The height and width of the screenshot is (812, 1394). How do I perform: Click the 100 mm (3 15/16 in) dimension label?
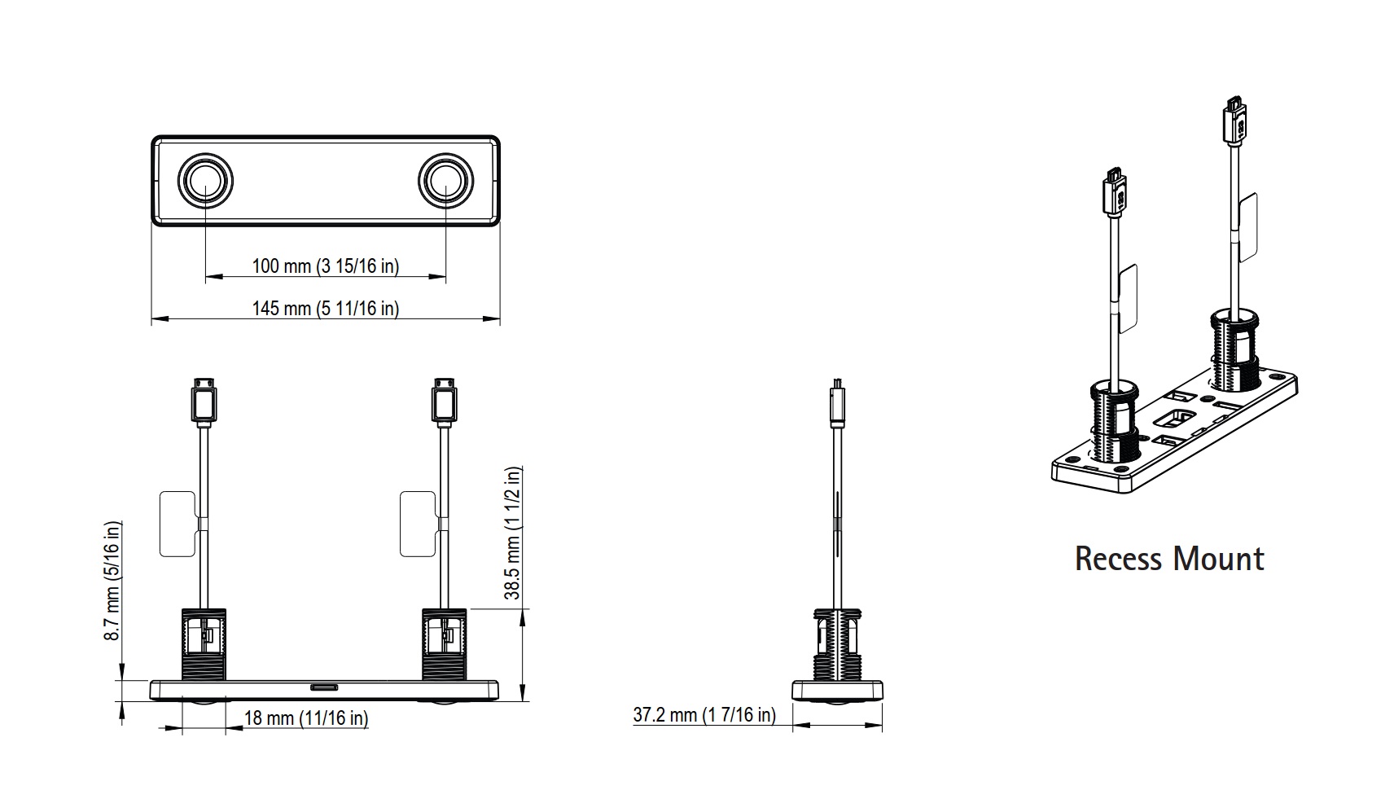(325, 266)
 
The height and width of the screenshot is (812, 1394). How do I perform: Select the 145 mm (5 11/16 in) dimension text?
(325, 309)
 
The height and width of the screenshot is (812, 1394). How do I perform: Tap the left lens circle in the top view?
(205, 179)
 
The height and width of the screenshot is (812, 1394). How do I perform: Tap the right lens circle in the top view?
(445, 179)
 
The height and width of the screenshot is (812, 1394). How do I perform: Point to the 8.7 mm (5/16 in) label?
(112, 580)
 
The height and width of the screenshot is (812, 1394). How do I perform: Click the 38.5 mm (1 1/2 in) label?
(513, 533)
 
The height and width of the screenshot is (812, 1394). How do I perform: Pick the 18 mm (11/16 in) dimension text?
(306, 718)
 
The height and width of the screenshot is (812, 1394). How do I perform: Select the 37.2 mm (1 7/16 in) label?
(704, 715)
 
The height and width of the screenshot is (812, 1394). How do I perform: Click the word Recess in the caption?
(1116, 560)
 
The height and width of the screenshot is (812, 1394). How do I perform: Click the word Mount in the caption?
(1218, 560)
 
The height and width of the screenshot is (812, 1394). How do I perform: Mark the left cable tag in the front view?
(178, 524)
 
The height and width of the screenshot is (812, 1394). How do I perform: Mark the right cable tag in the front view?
(419, 524)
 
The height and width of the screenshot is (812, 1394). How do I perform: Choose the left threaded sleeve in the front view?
(202, 644)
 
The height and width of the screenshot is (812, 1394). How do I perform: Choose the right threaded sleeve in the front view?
(444, 644)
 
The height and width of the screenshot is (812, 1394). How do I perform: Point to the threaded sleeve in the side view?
(836, 645)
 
